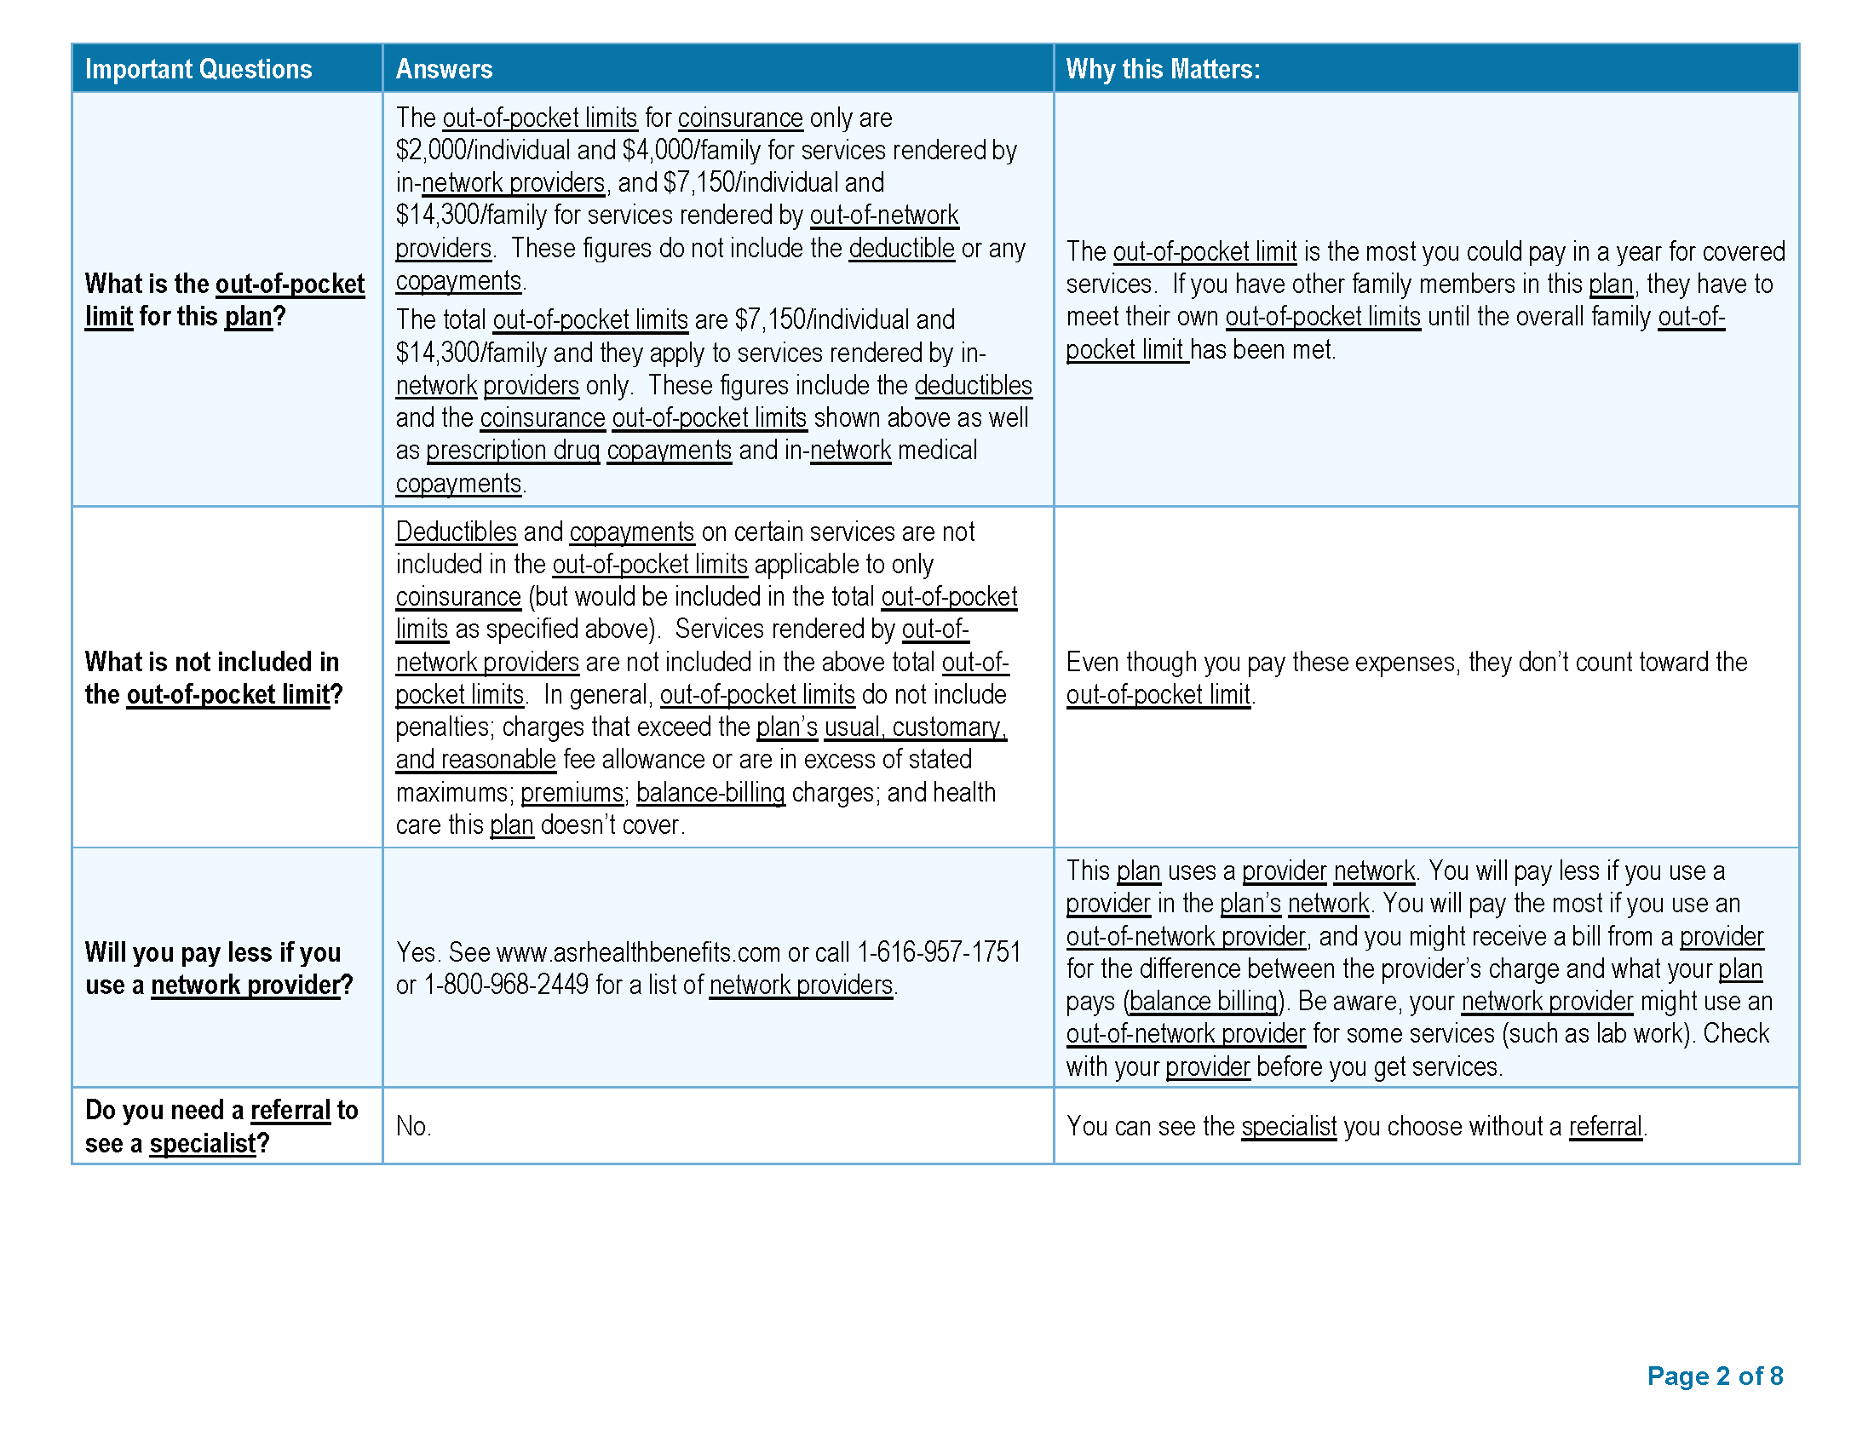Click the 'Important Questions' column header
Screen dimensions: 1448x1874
(198, 69)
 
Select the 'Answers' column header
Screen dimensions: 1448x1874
(444, 69)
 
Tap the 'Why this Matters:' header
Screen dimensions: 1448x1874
(1163, 69)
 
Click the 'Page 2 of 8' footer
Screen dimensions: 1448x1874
(1715, 1376)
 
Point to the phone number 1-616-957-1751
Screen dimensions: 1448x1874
(939, 952)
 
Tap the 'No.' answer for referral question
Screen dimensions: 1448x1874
(413, 1126)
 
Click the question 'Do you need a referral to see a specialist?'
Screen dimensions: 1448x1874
(221, 1126)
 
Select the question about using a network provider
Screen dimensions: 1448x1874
(218, 968)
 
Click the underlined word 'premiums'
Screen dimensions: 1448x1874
(572, 793)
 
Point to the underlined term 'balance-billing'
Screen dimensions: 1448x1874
(710, 793)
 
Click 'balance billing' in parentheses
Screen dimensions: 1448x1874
(1203, 1001)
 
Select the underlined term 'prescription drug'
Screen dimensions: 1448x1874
(512, 451)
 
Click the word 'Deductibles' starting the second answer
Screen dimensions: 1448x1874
(456, 532)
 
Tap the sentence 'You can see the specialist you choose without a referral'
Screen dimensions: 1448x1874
(1356, 1126)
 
